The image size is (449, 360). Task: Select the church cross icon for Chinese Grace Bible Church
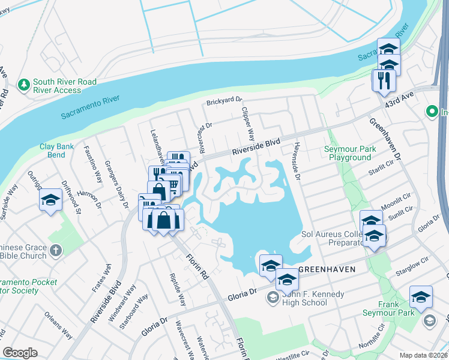click(x=55, y=251)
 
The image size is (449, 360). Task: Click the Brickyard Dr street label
click(x=224, y=102)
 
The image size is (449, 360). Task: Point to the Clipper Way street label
click(x=248, y=124)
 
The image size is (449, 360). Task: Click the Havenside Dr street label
click(x=297, y=161)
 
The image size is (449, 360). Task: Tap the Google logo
click(x=20, y=352)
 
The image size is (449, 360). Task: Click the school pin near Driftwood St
click(x=51, y=200)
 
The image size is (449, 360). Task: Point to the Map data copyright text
click(x=423, y=355)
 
